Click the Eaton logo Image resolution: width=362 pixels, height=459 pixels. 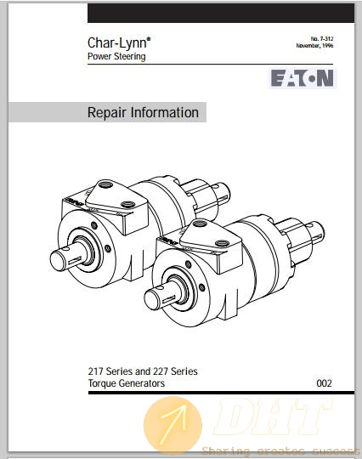(x=303, y=78)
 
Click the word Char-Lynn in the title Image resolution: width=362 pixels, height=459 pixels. (x=118, y=42)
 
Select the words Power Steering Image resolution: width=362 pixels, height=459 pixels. (x=116, y=56)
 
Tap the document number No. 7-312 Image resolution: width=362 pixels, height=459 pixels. (x=322, y=38)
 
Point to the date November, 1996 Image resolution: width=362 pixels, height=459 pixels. (x=314, y=45)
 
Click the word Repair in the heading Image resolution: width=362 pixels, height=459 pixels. (x=107, y=113)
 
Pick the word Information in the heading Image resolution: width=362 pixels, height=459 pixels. (x=165, y=112)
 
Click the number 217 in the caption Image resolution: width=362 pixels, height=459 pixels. (x=96, y=371)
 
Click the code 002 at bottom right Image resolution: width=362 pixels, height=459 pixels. (x=325, y=383)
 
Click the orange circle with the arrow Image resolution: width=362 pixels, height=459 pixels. (x=173, y=425)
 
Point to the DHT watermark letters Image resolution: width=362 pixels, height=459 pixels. (x=273, y=416)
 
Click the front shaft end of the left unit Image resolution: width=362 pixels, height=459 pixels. (x=57, y=260)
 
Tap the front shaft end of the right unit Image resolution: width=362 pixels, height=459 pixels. (x=152, y=299)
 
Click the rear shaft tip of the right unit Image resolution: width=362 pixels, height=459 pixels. (x=320, y=230)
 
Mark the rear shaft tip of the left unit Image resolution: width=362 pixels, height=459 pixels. (x=226, y=191)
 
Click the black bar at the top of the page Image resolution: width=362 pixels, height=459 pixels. (x=221, y=13)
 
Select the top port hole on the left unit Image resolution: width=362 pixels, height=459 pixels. (x=105, y=185)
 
